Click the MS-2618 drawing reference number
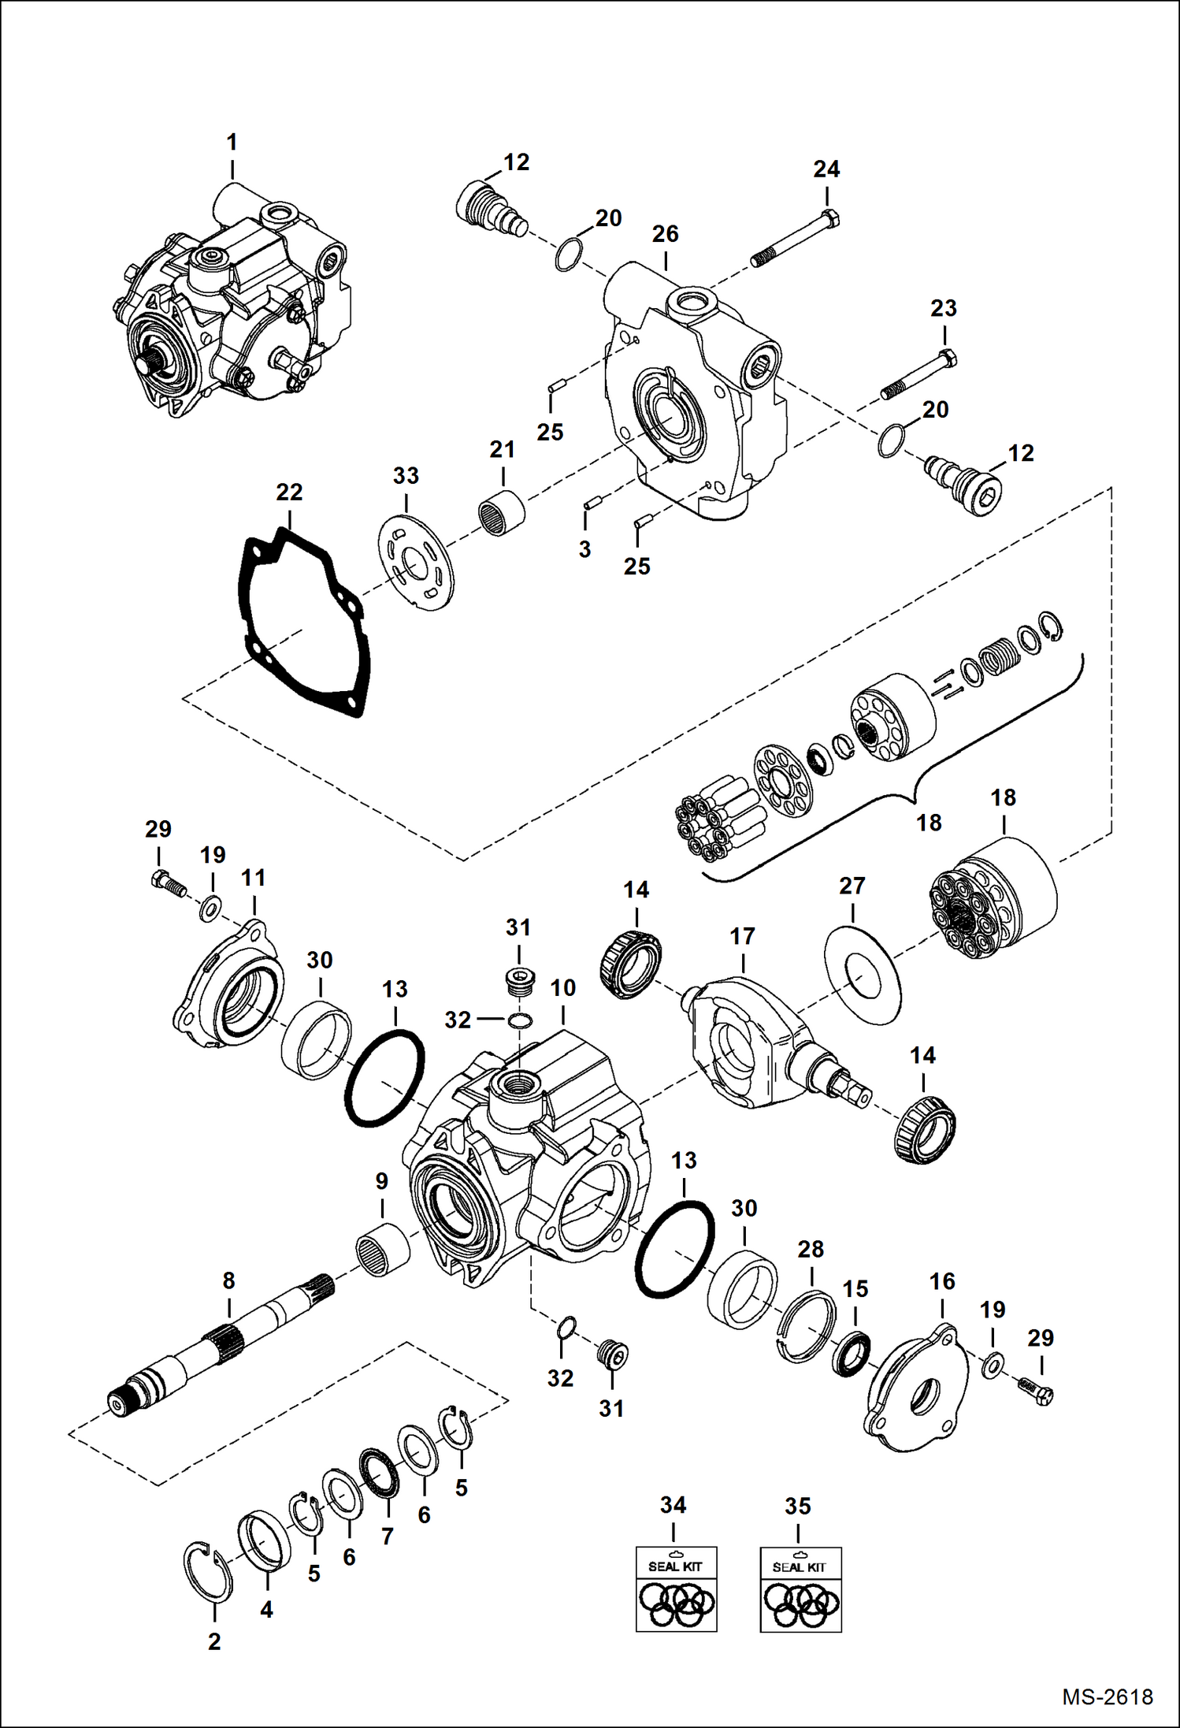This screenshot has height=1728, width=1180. [1107, 1696]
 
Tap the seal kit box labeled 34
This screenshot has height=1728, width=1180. [676, 1588]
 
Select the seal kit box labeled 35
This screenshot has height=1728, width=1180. [800, 1589]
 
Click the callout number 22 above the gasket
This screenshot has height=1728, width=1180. [289, 492]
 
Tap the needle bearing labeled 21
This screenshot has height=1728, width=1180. [502, 513]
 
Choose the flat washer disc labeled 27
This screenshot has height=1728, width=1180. [863, 976]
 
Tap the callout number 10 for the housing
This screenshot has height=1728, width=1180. [563, 987]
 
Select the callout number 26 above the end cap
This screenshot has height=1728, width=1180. [666, 234]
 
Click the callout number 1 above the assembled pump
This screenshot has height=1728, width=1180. [232, 143]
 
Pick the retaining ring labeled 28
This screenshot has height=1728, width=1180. [805, 1325]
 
